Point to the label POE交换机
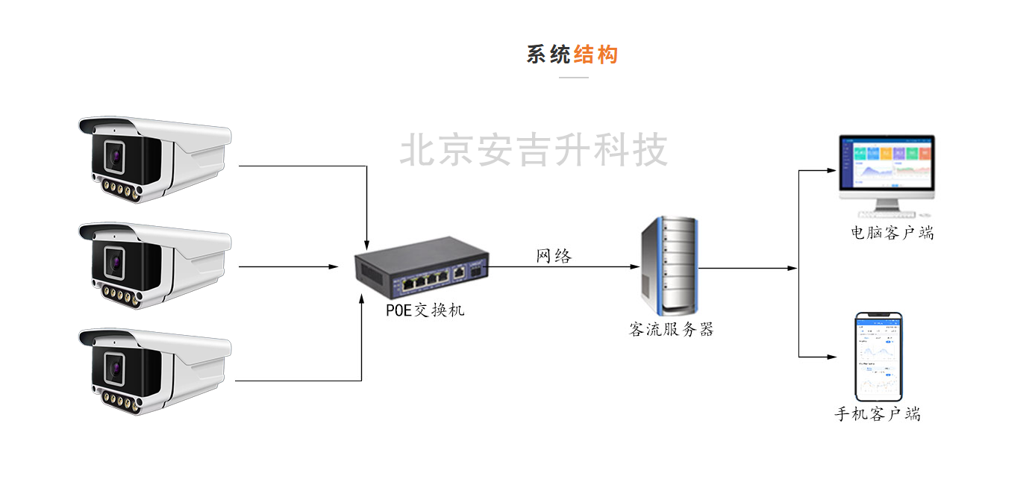pos(425,310)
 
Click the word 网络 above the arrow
pos(554,256)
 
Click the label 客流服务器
pos(671,329)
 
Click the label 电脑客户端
pos(892,233)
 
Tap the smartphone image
pos(878,357)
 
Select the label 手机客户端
pos(878,414)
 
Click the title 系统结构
pos(572,54)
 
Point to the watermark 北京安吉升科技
pos(534,151)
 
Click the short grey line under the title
pos(573,77)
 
